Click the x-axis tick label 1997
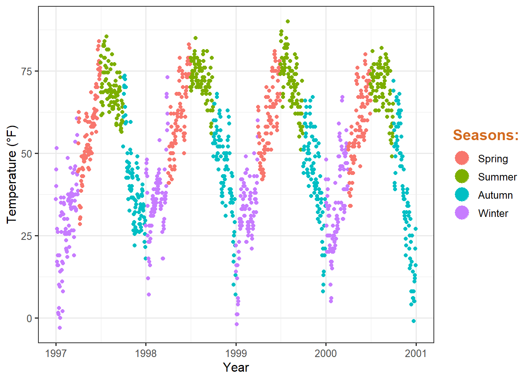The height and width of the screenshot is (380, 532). (56, 353)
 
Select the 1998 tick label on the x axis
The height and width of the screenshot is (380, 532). (146, 353)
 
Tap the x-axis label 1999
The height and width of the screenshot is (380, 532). (236, 353)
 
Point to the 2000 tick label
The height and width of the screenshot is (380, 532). (326, 353)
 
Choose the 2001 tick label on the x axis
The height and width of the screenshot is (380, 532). (416, 353)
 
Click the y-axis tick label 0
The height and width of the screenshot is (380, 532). (29, 318)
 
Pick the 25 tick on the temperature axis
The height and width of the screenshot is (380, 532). (27, 236)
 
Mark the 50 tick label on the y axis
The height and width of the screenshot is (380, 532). (27, 154)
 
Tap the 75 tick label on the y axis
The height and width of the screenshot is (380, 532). (27, 71)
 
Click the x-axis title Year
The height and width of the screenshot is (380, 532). (236, 367)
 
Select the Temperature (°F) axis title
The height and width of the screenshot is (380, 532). (12, 175)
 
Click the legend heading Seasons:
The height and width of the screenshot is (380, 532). (486, 135)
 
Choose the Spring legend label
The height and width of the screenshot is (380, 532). (493, 159)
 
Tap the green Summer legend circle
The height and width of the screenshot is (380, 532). (462, 177)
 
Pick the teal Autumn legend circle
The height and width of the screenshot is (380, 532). (462, 195)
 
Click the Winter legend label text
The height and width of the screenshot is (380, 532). (493, 213)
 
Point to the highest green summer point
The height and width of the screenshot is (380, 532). (288, 21)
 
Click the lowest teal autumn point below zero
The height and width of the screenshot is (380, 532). (414, 321)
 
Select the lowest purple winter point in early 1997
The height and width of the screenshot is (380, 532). (60, 328)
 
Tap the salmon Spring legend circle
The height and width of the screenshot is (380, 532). (462, 158)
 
